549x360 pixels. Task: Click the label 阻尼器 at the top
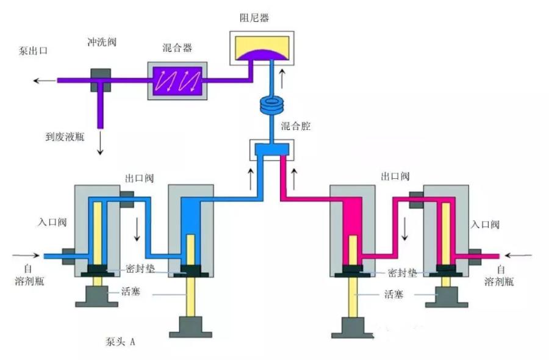tap(255, 18)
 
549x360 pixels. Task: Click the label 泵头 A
tap(120, 341)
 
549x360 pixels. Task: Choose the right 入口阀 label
tap(485, 225)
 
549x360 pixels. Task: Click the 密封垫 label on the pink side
tap(402, 273)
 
